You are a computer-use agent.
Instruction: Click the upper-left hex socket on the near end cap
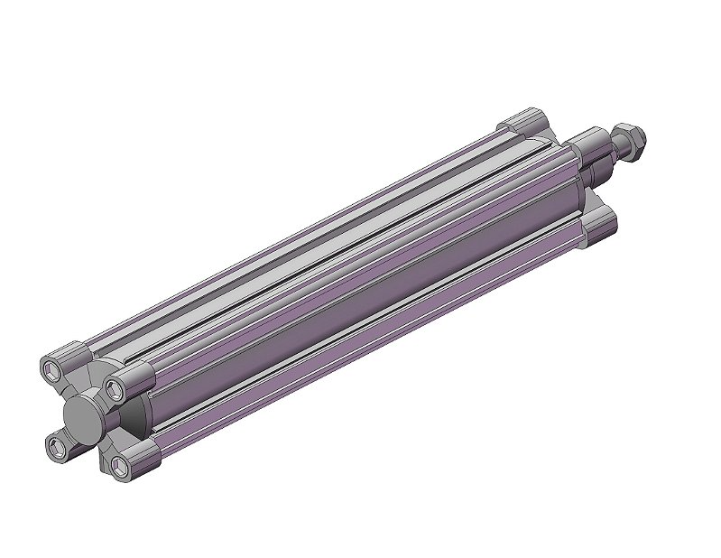[x=55, y=370]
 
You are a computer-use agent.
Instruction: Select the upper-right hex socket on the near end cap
[x=115, y=389]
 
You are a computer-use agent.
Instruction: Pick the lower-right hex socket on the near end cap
[x=119, y=466]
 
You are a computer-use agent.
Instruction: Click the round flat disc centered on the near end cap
[x=85, y=417]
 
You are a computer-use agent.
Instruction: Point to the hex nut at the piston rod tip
[x=632, y=137]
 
